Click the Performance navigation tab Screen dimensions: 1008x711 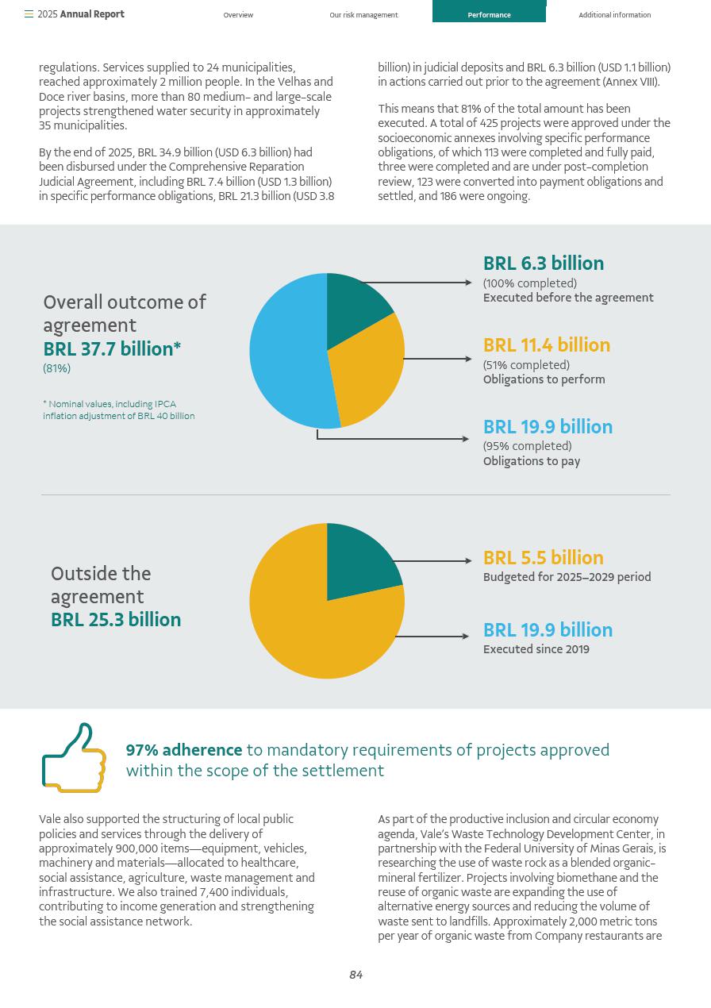coord(489,15)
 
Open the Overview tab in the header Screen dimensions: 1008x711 coord(238,15)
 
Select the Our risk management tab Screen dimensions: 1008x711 coord(363,15)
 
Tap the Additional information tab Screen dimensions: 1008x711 coord(614,15)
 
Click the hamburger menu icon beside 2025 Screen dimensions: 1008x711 coord(29,14)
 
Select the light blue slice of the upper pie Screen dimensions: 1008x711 coord(286,353)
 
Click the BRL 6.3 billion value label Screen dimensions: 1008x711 coord(544,264)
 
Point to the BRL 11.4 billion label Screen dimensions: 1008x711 coord(547,345)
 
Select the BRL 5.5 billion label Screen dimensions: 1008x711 coord(544,558)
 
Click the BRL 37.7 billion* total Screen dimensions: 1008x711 coord(112,349)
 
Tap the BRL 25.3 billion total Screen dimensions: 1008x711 coord(116,620)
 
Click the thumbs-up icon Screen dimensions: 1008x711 coord(74,758)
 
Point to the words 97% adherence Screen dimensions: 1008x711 coord(184,750)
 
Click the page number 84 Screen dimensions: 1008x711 coord(355,975)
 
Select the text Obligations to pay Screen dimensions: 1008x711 coord(532,461)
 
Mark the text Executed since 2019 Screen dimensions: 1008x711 coord(536,649)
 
